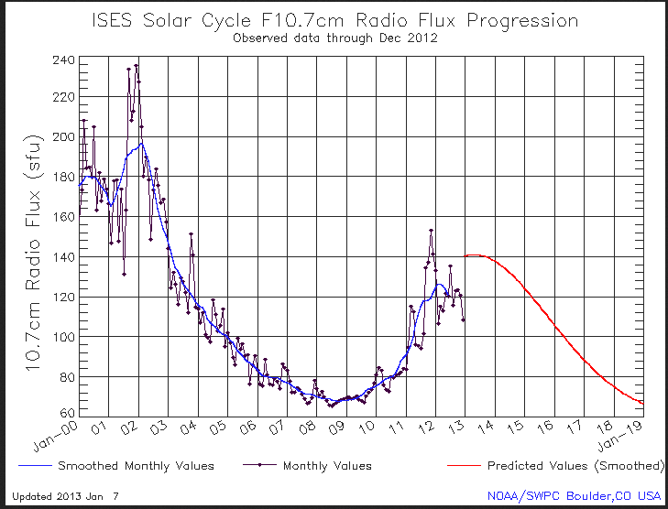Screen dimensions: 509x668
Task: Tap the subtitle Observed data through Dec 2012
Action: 334,38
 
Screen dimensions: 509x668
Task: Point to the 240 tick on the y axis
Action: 62,60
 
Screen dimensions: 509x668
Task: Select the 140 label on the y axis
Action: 62,258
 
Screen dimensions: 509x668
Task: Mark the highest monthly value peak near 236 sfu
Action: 137,66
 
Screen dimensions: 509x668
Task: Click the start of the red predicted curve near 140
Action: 466,256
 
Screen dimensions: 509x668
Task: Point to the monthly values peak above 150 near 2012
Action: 431,231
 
